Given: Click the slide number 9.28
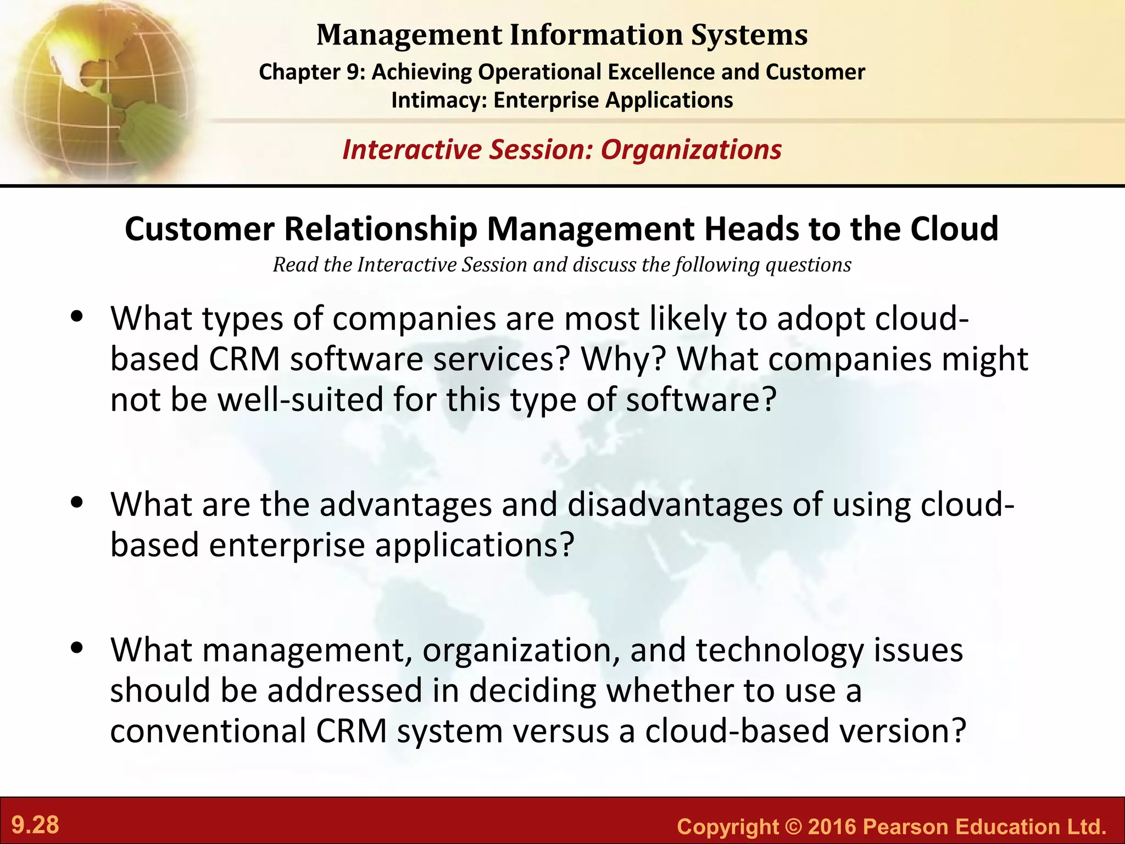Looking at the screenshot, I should pos(35,825).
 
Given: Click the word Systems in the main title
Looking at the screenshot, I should pos(749,35).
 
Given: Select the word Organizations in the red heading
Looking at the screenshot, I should pos(691,149).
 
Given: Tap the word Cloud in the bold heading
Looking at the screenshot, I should pos(954,229).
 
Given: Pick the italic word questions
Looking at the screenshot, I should pos(808,265).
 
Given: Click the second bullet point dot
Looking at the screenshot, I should pos(77,502).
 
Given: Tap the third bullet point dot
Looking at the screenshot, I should pos(77,648).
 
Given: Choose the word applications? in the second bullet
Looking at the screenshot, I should pos(474,545).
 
